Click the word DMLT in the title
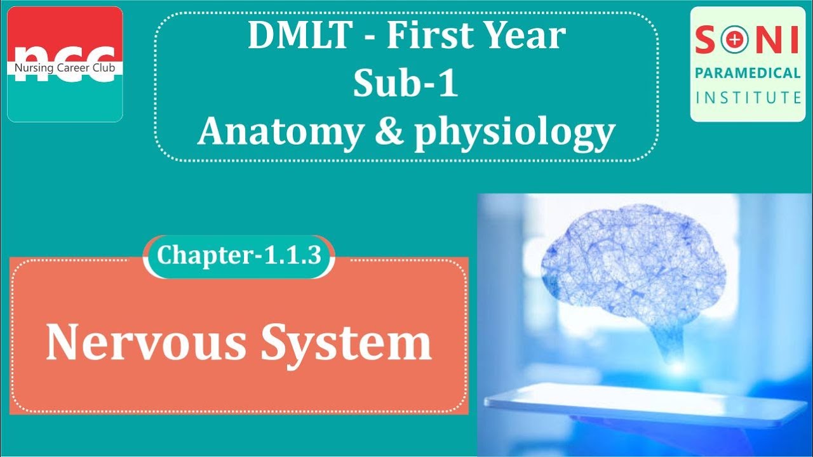(x=298, y=36)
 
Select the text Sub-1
(x=405, y=84)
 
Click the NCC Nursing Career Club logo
(x=65, y=63)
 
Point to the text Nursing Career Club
(x=65, y=67)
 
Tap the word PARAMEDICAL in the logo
(x=748, y=73)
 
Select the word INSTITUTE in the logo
(x=748, y=97)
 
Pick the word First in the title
(x=426, y=36)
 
